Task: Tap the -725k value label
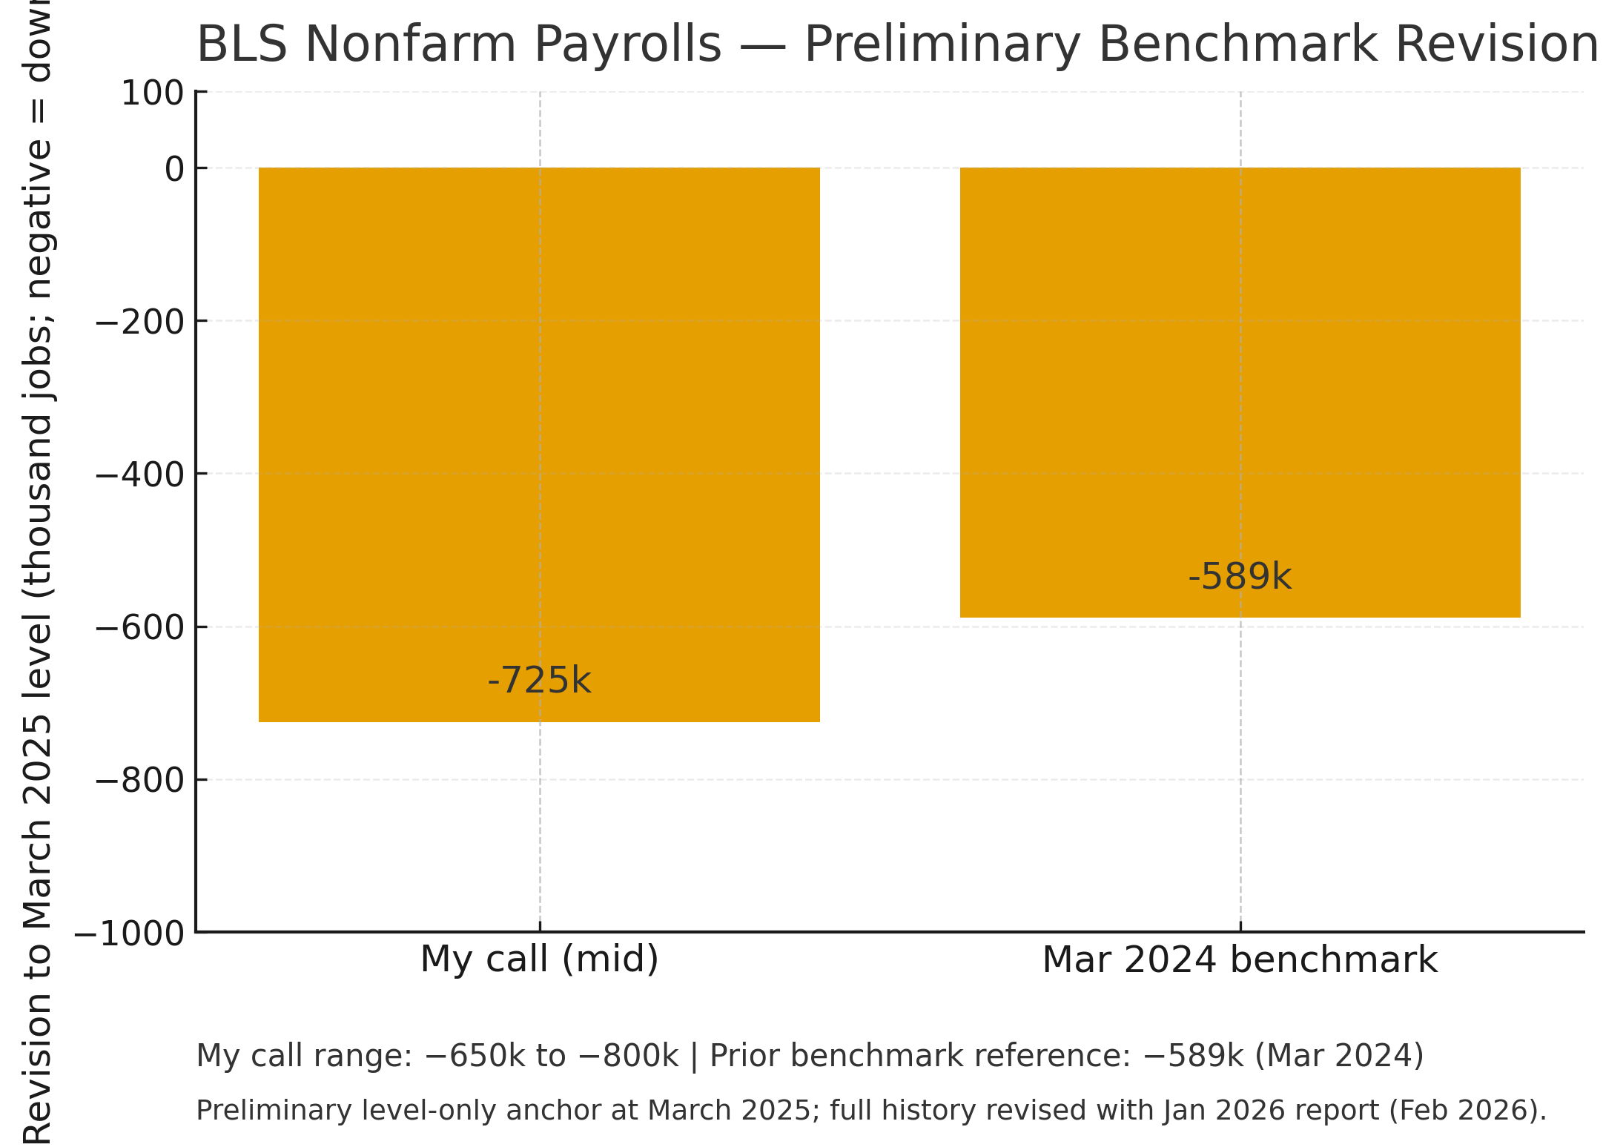coord(539,681)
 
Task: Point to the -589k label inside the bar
coord(1240,577)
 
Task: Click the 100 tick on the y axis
coord(152,94)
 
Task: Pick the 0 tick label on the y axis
coord(174,170)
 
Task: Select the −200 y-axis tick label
coord(140,323)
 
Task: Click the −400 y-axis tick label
coord(140,475)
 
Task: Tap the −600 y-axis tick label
coord(140,628)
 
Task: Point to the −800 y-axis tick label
coord(140,781)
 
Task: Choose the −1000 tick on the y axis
coord(130,934)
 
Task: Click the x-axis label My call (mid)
coord(539,959)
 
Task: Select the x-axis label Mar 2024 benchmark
coord(1240,960)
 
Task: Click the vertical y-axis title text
coord(37,571)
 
